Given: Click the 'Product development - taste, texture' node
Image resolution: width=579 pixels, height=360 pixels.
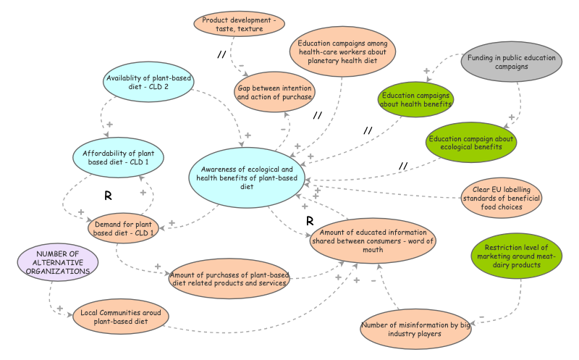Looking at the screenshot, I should pos(239,24).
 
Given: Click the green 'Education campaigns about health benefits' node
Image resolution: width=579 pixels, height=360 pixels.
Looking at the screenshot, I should pos(416,99).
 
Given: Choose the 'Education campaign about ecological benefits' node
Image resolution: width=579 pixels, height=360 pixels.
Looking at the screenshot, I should pos(470,142).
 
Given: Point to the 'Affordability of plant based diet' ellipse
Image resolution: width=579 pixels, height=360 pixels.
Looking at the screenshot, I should pos(118,157).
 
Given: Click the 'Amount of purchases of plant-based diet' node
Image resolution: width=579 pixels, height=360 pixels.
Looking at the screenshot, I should pos(230,279).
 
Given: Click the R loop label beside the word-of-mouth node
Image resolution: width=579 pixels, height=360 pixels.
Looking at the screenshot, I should pos(309,220).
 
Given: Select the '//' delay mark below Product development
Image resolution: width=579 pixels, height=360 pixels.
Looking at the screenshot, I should pos(223,54).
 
